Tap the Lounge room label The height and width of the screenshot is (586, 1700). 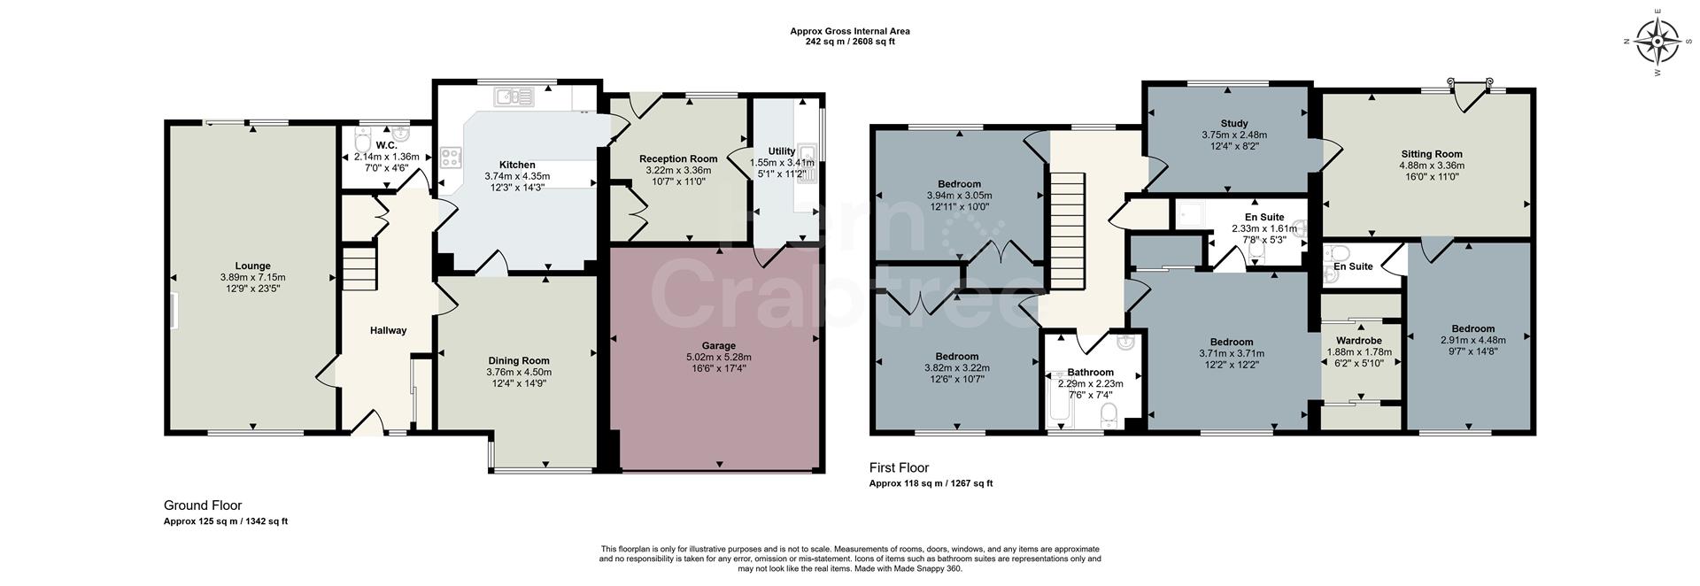pyautogui.click(x=252, y=266)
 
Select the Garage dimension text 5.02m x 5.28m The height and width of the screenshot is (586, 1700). pyautogui.click(x=718, y=357)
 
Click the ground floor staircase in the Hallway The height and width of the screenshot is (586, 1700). pyautogui.click(x=359, y=269)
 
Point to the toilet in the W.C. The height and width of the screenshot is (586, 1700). pyautogui.click(x=362, y=142)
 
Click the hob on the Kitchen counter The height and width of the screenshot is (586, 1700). pyautogui.click(x=452, y=158)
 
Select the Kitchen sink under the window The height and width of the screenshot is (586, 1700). pyautogui.click(x=513, y=96)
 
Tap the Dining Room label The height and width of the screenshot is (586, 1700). pyautogui.click(x=519, y=360)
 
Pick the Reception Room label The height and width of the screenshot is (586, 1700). pyautogui.click(x=678, y=159)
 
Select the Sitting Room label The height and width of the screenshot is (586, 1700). pyautogui.click(x=1431, y=154)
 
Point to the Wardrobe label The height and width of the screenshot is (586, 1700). pyautogui.click(x=1358, y=341)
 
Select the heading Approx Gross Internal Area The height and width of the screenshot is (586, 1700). pyautogui.click(x=849, y=31)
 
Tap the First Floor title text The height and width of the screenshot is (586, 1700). pyautogui.click(x=899, y=467)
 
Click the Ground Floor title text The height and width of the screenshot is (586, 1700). pyautogui.click(x=202, y=505)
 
